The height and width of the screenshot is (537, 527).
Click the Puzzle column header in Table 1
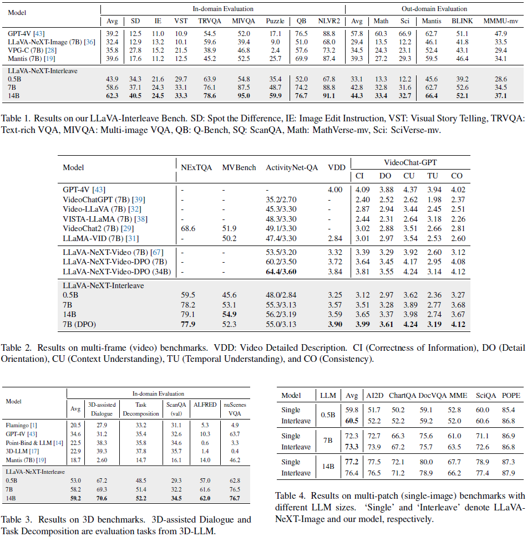(x=275, y=22)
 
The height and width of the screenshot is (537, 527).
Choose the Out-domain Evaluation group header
(x=434, y=9)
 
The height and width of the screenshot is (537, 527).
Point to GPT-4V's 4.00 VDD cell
(x=336, y=190)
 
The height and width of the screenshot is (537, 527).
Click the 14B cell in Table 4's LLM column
(x=327, y=467)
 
